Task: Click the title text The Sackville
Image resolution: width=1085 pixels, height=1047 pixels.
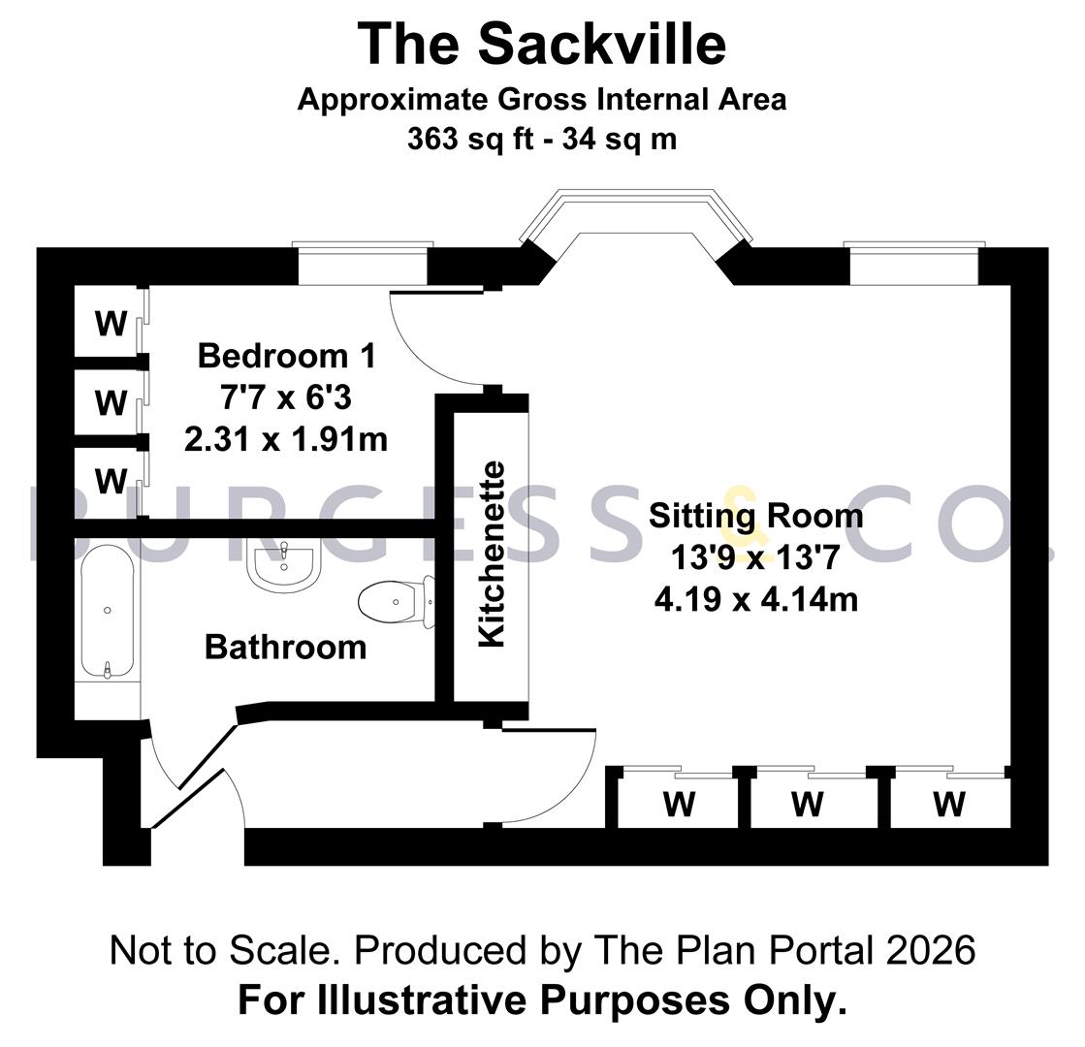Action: [542, 44]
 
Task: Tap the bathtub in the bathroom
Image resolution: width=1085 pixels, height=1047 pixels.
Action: [108, 611]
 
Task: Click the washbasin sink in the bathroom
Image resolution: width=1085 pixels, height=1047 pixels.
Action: [284, 565]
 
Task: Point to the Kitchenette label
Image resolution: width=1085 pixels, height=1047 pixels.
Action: [492, 555]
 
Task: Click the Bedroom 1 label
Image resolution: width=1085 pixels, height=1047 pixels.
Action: [286, 356]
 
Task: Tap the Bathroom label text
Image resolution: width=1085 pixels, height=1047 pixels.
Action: [285, 647]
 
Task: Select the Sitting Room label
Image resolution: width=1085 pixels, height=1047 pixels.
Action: [755, 517]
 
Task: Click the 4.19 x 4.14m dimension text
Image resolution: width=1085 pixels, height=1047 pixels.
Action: [755, 599]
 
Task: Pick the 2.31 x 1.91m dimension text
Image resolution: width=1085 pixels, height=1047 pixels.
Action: [286, 439]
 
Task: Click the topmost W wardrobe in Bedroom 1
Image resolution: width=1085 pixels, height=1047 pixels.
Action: [112, 323]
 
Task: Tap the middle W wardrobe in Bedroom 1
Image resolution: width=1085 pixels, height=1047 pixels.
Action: [112, 402]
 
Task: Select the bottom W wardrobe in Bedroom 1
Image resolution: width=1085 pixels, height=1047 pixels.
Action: [112, 481]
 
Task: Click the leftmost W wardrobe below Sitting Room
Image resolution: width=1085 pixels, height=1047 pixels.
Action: [679, 804]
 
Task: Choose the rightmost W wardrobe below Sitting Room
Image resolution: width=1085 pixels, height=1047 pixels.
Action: [948, 804]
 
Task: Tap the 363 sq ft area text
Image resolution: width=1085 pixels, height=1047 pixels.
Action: [470, 139]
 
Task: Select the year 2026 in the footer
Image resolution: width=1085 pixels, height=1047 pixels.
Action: [931, 950]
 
